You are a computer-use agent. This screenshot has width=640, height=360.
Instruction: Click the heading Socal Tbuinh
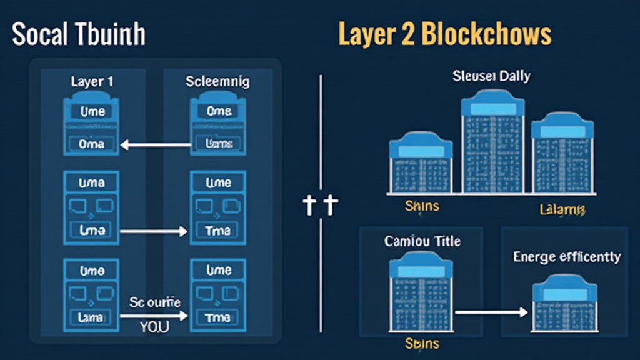coord(78,34)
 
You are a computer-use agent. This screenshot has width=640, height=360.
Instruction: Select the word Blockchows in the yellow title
coord(487,34)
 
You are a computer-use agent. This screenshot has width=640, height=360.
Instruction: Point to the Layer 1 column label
coord(92,82)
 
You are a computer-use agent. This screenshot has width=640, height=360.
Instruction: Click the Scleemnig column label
coord(218,82)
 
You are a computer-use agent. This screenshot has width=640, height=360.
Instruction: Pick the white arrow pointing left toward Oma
coord(156,145)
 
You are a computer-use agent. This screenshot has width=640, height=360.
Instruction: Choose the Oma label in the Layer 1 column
coord(92,144)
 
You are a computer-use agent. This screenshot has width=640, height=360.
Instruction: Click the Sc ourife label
coord(155,302)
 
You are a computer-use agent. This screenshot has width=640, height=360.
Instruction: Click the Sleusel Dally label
coord(491,77)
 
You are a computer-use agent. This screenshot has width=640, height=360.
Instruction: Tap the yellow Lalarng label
coord(561,209)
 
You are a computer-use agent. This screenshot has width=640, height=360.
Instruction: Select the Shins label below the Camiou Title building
coord(421,344)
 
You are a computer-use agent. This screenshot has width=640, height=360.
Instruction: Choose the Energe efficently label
coord(567,257)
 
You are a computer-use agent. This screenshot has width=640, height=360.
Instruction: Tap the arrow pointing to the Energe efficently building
coord(491,311)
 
